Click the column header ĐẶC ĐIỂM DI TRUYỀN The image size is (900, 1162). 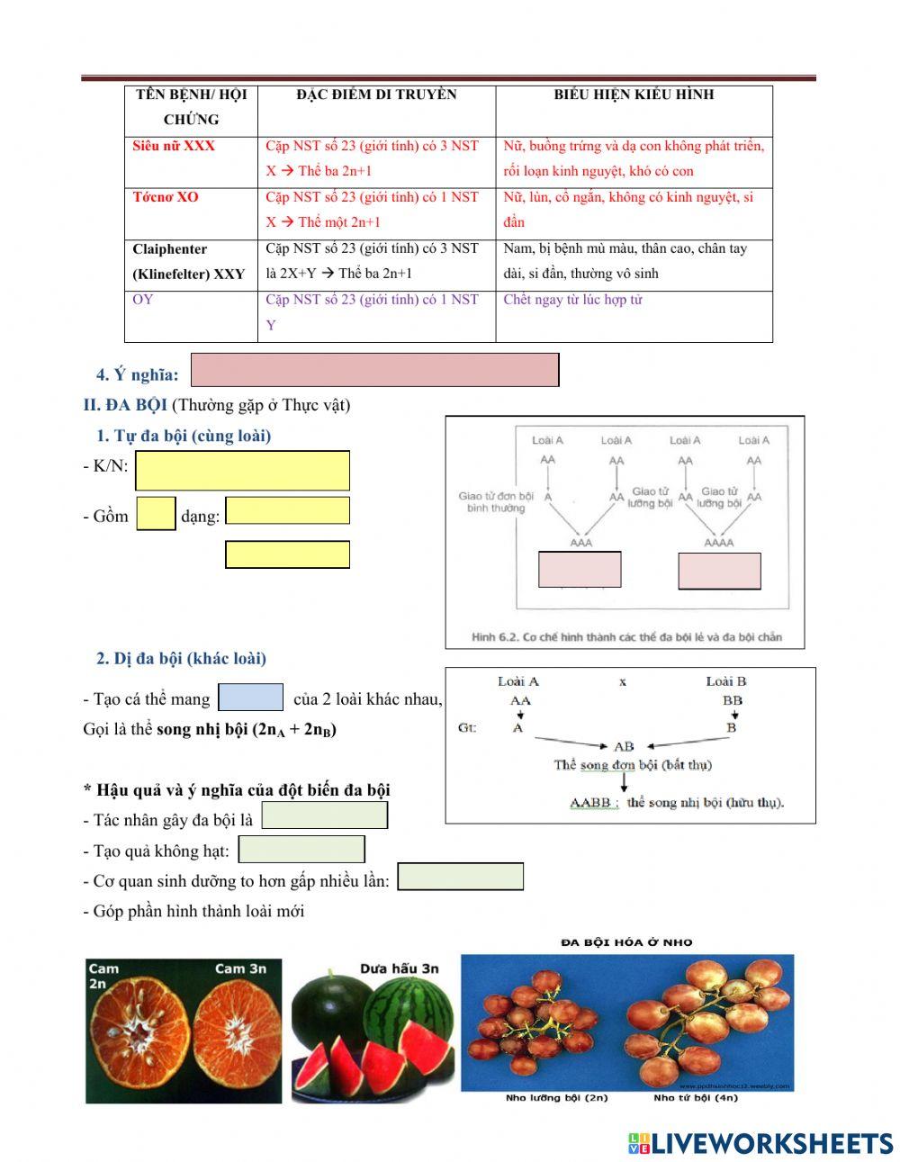coord(376,95)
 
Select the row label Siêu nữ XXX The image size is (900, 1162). coord(174,146)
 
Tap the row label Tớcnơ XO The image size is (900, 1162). coord(166,197)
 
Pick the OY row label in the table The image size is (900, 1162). coord(143,300)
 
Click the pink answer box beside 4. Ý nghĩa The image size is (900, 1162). coord(375,370)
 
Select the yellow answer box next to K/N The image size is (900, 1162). coord(242,471)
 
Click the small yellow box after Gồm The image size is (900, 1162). coord(156,514)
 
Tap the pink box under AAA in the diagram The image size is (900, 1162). coord(580,570)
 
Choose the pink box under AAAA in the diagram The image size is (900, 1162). coord(719,571)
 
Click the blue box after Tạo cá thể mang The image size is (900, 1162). coord(251,698)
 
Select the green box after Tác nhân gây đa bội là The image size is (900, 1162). coord(324,815)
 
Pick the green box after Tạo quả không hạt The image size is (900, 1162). coord(301,849)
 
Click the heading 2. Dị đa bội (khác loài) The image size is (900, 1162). coord(181,659)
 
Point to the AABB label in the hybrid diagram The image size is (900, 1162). coord(591,802)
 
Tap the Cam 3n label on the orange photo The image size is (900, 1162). coord(240,968)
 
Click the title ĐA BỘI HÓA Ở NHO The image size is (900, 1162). coord(626,942)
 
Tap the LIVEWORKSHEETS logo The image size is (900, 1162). coord(760,1143)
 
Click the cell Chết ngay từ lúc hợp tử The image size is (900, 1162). coord(572,300)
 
